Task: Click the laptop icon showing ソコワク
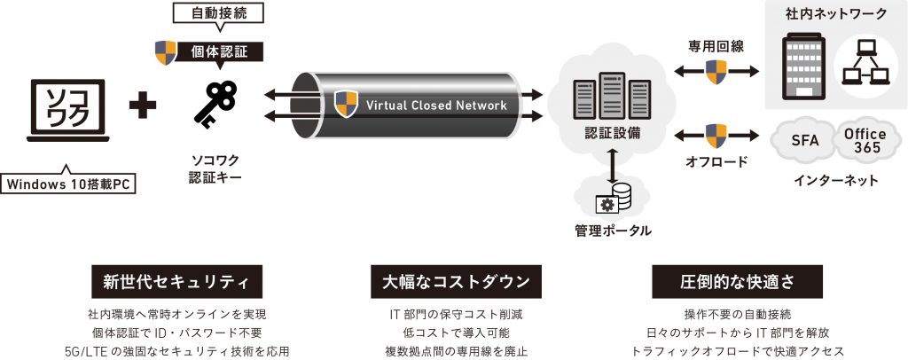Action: (x=67, y=110)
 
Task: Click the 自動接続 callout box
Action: (x=219, y=14)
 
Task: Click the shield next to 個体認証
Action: (x=166, y=52)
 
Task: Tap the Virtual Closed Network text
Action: (x=436, y=106)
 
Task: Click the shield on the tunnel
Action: (x=346, y=104)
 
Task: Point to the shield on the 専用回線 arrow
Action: (x=716, y=72)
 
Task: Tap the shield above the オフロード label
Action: (x=716, y=136)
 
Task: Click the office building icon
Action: (x=802, y=66)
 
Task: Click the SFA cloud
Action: (x=804, y=140)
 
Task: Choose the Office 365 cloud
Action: (x=864, y=139)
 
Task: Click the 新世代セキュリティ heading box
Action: (x=176, y=282)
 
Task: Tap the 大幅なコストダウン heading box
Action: (x=456, y=282)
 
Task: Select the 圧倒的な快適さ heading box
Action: (x=737, y=282)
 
